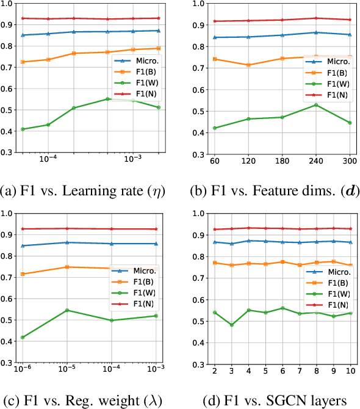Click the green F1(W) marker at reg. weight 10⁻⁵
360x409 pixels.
click(x=67, y=310)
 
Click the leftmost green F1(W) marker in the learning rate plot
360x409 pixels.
click(x=23, y=129)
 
